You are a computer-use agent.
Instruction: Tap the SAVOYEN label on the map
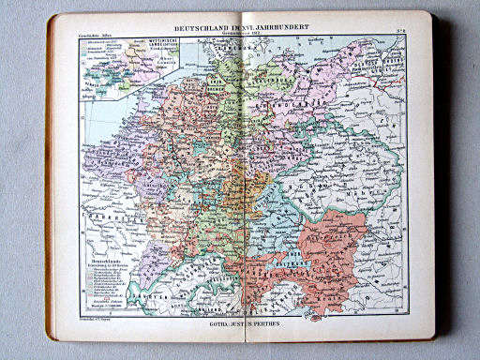point(131,298)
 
